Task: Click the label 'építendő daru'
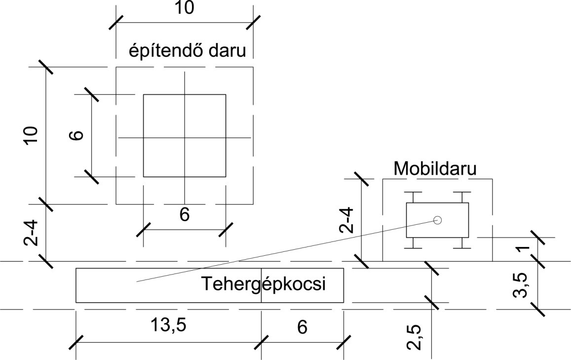tap(188, 51)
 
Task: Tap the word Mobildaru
tap(435, 169)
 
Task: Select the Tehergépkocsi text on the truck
tap(263, 284)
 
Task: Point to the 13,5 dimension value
tap(168, 324)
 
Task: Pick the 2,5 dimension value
tap(415, 337)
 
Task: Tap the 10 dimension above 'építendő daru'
tap(184, 7)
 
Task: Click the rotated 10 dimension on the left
tap(31, 135)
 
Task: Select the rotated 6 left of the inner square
tap(77, 135)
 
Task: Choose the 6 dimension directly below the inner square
tap(185, 215)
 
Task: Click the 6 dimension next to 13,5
tap(302, 327)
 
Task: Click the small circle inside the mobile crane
tap(437, 220)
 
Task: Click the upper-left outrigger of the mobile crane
tap(414, 197)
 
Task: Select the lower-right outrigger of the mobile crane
tap(462, 243)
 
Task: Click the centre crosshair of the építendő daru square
tap(185, 138)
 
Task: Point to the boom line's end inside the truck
tap(137, 281)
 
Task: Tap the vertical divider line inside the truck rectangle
tap(262, 285)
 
